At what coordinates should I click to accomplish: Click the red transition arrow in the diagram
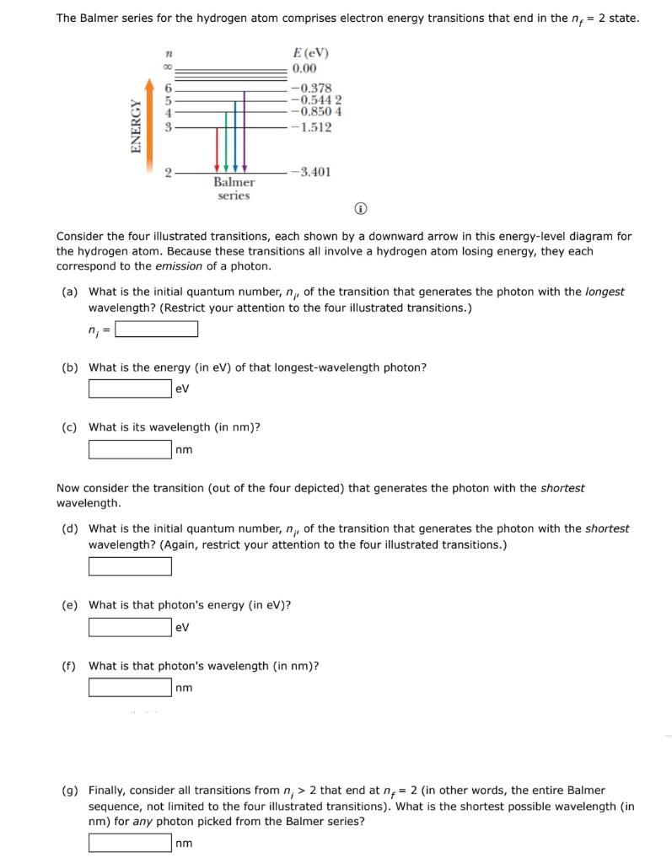218,149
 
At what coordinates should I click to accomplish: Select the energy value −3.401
310,172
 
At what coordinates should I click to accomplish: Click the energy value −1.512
310,127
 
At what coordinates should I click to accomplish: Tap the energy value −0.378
310,88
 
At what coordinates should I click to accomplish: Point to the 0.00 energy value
304,68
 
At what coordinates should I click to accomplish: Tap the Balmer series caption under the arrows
234,188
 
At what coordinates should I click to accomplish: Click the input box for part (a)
157,329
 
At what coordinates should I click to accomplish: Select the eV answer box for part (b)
131,389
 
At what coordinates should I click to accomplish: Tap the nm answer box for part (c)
131,449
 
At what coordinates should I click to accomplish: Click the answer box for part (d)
131,566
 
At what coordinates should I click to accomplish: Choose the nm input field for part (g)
131,843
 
